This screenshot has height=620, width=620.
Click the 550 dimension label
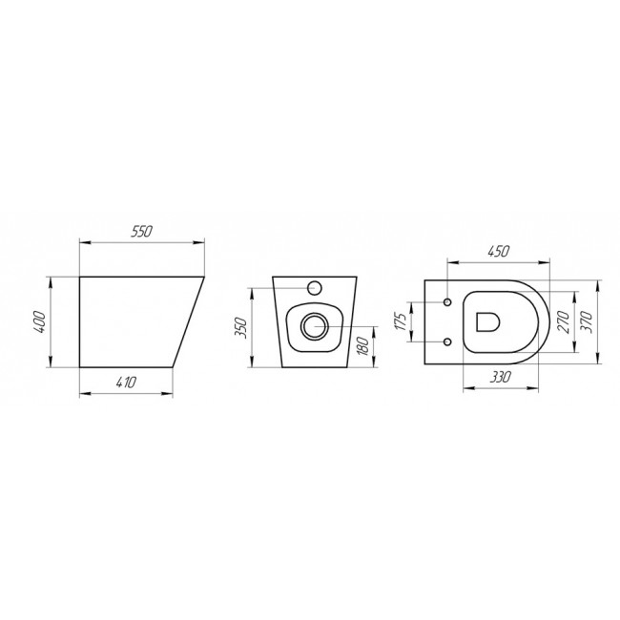point(141,232)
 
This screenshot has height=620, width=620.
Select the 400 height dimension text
point(40,321)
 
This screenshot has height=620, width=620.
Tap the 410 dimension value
point(127,382)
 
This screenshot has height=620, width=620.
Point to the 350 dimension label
point(241,328)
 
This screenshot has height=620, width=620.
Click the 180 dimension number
point(362,346)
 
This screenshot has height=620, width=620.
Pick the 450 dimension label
point(499,251)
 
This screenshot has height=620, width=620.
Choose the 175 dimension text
point(401,321)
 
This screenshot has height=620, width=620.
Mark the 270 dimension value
point(563,321)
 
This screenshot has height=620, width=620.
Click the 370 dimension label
point(587,321)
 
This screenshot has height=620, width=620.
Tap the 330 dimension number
point(500,377)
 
